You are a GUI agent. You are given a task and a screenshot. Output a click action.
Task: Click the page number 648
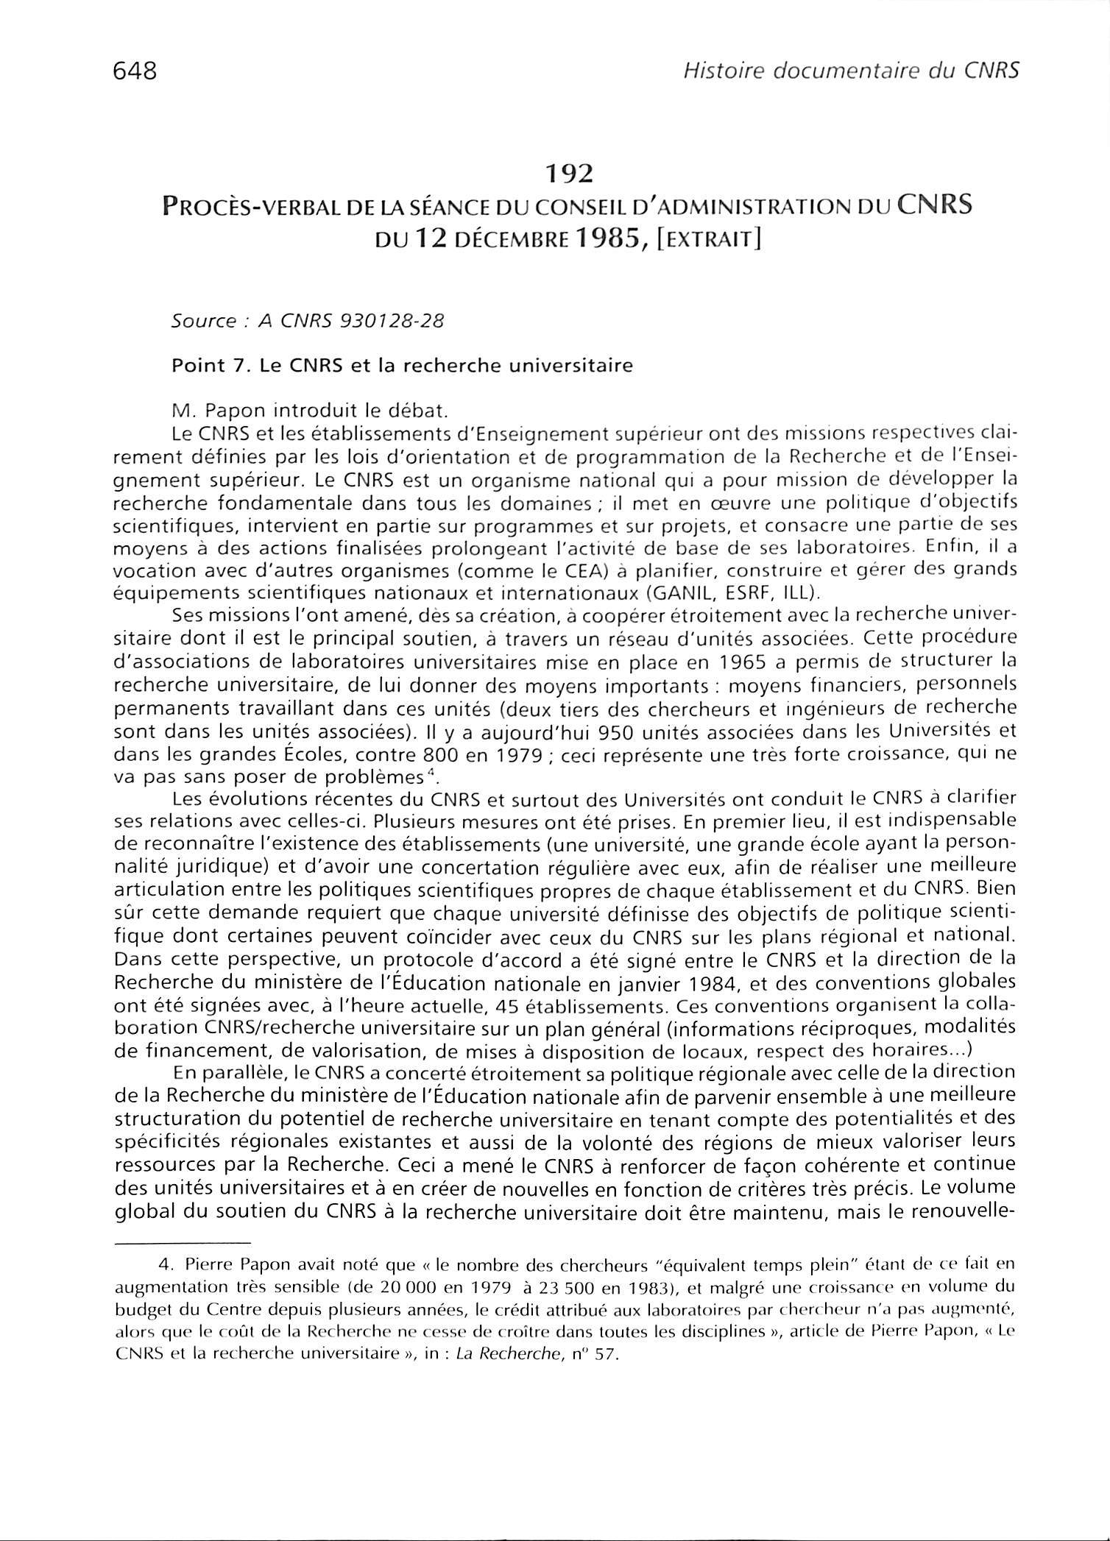point(136,72)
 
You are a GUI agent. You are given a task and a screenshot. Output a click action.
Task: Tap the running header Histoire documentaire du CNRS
point(851,71)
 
